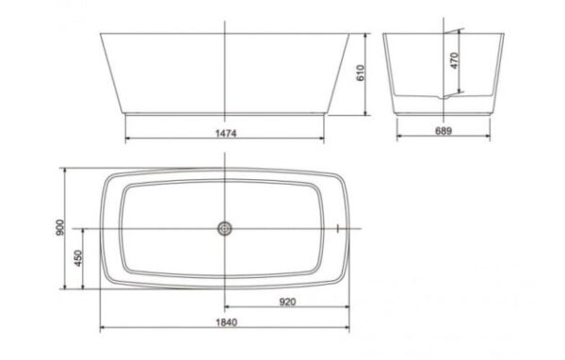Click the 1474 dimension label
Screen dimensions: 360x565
click(x=224, y=134)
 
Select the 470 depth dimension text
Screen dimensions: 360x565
click(x=454, y=63)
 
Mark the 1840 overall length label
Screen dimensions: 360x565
click(x=224, y=323)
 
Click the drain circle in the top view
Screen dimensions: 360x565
click(x=224, y=228)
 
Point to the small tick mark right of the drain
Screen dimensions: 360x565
click(x=336, y=228)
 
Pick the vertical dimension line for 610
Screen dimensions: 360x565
click(x=365, y=94)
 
